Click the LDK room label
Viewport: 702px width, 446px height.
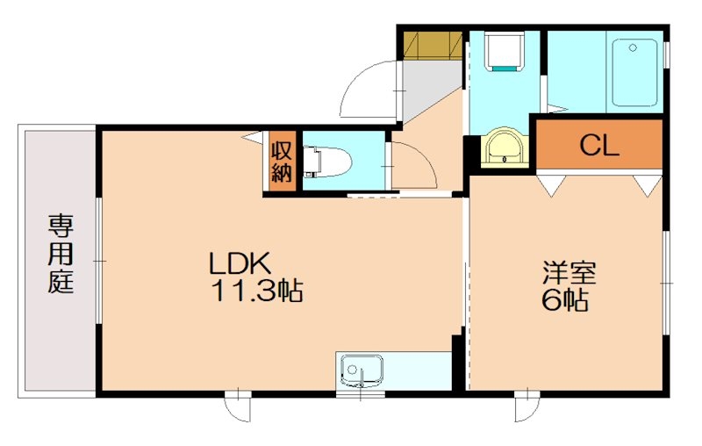click(242, 263)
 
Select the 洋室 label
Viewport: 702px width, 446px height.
click(568, 272)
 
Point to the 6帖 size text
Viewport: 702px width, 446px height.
click(564, 301)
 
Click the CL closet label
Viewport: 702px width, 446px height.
click(599, 146)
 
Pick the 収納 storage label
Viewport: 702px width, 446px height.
click(281, 161)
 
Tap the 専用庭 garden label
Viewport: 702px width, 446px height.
click(60, 254)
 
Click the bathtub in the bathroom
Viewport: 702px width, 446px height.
click(634, 72)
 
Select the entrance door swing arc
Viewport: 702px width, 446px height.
click(369, 88)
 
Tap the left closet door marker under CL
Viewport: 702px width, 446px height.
click(550, 184)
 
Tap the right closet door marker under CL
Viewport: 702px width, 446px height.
click(648, 184)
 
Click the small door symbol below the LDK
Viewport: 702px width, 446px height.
click(234, 405)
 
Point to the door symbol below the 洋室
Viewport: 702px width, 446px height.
click(525, 406)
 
